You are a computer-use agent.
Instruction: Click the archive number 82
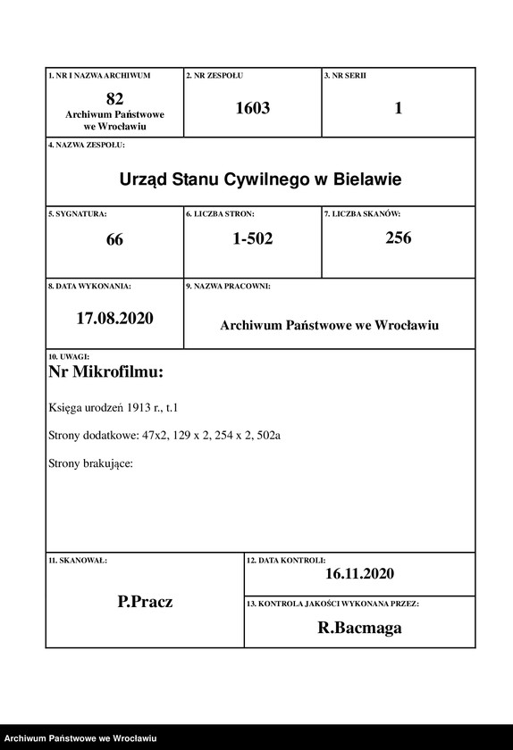[x=114, y=97]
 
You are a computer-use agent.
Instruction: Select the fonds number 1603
[x=252, y=108]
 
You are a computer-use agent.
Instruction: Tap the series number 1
[x=398, y=108]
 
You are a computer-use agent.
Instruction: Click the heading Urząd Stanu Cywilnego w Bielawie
[x=260, y=179]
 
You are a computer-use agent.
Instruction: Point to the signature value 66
[x=114, y=239]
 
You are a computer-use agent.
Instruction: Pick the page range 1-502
[x=252, y=238]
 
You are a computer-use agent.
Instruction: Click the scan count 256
[x=398, y=237]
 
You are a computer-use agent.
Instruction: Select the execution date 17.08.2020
[x=114, y=318]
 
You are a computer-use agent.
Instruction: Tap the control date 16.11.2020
[x=359, y=574]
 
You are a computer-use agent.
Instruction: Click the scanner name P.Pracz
[x=145, y=602]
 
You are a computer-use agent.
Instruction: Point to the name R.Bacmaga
[x=359, y=628]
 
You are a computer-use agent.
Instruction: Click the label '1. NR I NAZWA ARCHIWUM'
[x=99, y=76]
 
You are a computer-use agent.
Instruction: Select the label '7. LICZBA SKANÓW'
[x=362, y=215]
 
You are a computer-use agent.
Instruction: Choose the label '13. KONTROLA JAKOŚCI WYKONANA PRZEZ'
[x=332, y=604]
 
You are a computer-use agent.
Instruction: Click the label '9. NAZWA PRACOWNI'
[x=228, y=287]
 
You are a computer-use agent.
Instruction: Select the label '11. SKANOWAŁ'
[x=78, y=560]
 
